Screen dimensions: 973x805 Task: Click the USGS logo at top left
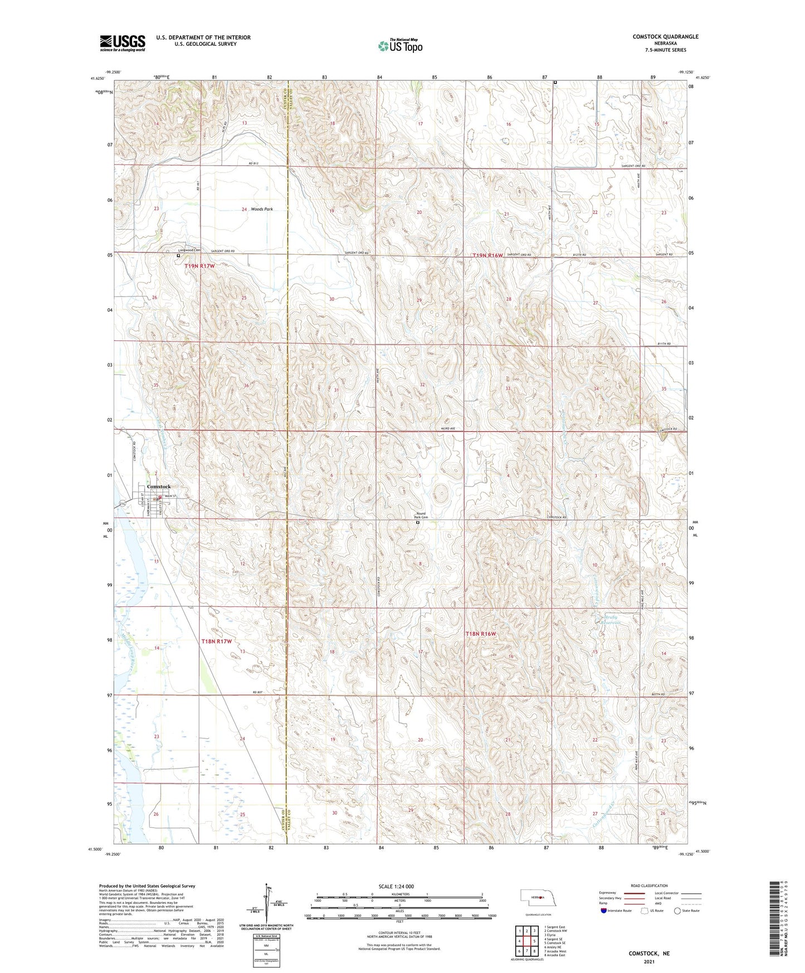[123, 42]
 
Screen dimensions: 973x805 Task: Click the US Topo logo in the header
[399, 46]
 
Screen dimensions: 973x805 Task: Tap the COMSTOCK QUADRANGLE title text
[665, 37]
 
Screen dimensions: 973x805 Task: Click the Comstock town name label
[159, 486]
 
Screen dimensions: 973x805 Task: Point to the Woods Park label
[262, 209]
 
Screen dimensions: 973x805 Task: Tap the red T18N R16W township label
[480, 634]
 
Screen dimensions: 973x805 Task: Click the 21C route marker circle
[123, 503]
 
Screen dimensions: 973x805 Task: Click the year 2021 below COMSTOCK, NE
[649, 962]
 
